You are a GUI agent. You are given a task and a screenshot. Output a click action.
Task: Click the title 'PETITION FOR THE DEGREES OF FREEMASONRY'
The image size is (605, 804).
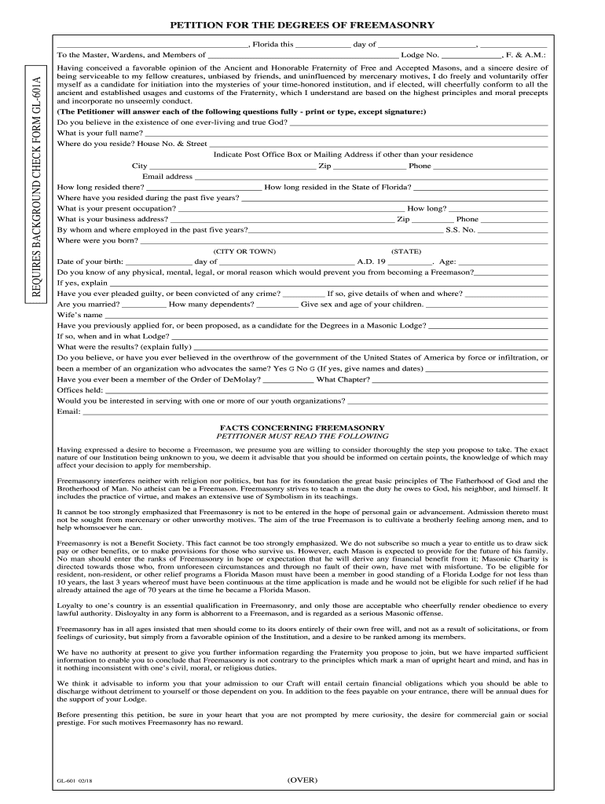click(302, 26)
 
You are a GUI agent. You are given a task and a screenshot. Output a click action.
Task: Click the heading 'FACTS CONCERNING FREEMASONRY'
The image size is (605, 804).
click(302, 428)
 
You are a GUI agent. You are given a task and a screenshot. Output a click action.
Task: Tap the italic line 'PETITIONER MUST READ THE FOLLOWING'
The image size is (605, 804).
click(302, 437)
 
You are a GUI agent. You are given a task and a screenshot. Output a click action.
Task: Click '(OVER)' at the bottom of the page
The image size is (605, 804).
click(302, 780)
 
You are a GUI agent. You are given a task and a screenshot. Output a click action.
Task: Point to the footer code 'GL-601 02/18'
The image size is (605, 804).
click(76, 782)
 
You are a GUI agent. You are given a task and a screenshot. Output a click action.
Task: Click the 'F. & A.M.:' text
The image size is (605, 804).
click(527, 56)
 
